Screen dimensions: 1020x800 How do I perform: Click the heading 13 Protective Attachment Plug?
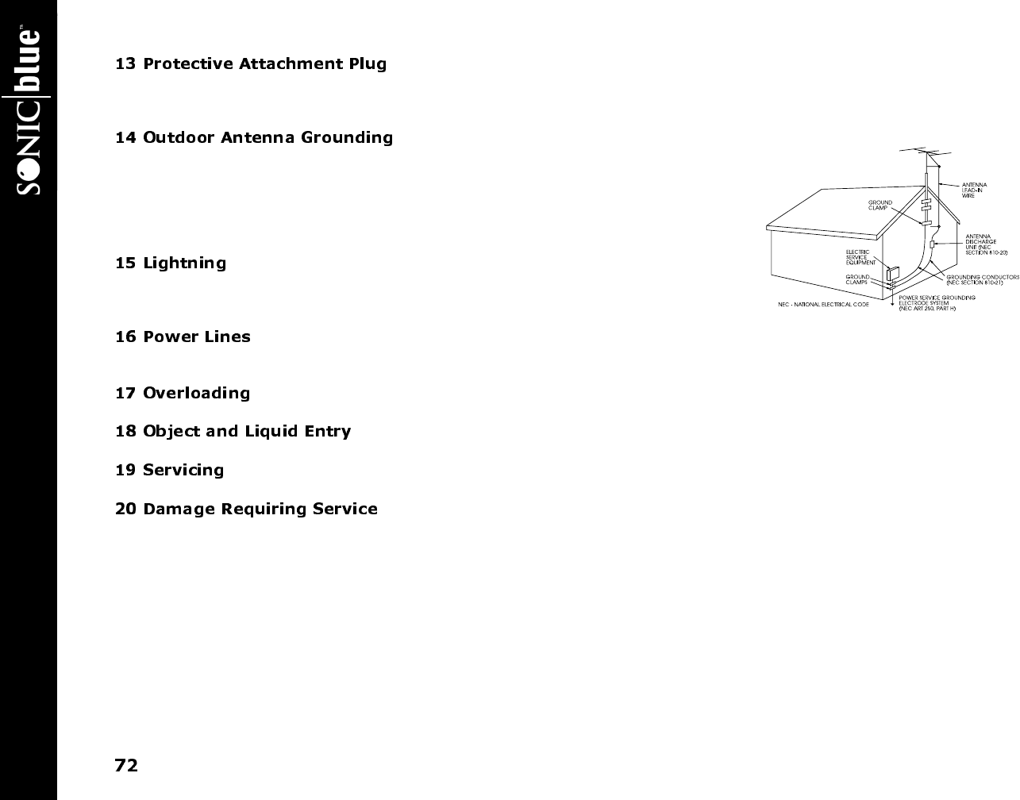click(251, 64)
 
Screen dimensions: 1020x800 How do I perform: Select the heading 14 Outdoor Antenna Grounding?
click(254, 138)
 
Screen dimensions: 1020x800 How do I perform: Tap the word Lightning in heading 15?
click(184, 263)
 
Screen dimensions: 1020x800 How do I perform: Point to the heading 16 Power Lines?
click(183, 337)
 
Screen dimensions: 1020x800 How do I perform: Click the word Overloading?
click(196, 394)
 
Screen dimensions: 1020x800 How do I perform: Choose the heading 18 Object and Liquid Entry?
click(233, 432)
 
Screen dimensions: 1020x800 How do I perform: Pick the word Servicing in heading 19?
click(183, 471)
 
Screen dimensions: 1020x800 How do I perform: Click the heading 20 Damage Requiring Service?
click(246, 510)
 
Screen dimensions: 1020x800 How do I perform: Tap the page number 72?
click(126, 766)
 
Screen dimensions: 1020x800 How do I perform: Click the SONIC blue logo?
click(29, 111)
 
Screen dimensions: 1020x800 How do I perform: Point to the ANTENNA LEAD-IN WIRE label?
click(974, 190)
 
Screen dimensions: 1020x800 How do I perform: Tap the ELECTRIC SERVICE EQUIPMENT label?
click(860, 257)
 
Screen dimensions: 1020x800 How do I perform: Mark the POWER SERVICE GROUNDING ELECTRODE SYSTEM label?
click(937, 302)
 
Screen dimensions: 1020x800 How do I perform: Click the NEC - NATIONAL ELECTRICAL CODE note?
click(822, 305)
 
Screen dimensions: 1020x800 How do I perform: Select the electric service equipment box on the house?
click(893, 275)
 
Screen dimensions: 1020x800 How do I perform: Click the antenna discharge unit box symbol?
click(932, 244)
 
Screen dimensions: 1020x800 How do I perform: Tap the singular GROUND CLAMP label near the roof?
click(880, 205)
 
